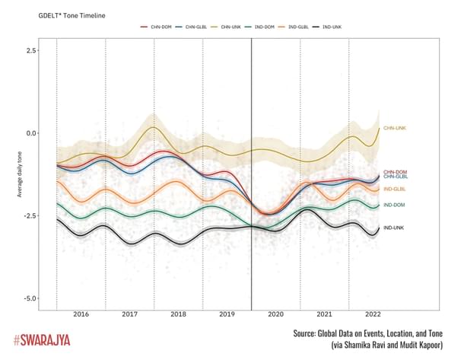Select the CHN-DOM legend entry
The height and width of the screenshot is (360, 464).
(x=155, y=27)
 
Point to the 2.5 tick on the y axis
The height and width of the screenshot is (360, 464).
(x=32, y=50)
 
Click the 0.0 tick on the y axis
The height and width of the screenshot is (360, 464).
(x=32, y=133)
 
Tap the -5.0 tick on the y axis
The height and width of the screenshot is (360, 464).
(x=30, y=298)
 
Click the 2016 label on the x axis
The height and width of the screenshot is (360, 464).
(x=81, y=314)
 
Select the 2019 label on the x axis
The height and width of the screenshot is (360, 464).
(x=227, y=314)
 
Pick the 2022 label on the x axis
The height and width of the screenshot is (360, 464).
(x=373, y=314)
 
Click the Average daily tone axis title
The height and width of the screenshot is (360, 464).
(x=18, y=174)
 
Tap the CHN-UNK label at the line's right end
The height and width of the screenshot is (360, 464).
(x=394, y=129)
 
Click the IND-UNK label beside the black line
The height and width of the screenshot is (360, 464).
(x=393, y=228)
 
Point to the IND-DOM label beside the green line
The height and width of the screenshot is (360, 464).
(x=393, y=205)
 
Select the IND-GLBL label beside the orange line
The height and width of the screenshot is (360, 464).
(x=393, y=189)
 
